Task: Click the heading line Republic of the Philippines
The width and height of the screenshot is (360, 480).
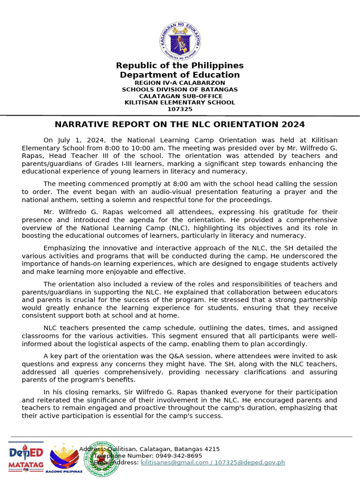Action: pos(180,66)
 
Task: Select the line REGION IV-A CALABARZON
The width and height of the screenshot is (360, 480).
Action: pos(180,82)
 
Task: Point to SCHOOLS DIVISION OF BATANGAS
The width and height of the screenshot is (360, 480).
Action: pos(180,89)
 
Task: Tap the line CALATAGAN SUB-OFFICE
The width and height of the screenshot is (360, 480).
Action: pos(180,96)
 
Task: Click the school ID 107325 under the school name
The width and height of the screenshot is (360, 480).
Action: pos(180,109)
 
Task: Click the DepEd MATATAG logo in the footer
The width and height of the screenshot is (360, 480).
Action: pos(26,456)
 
